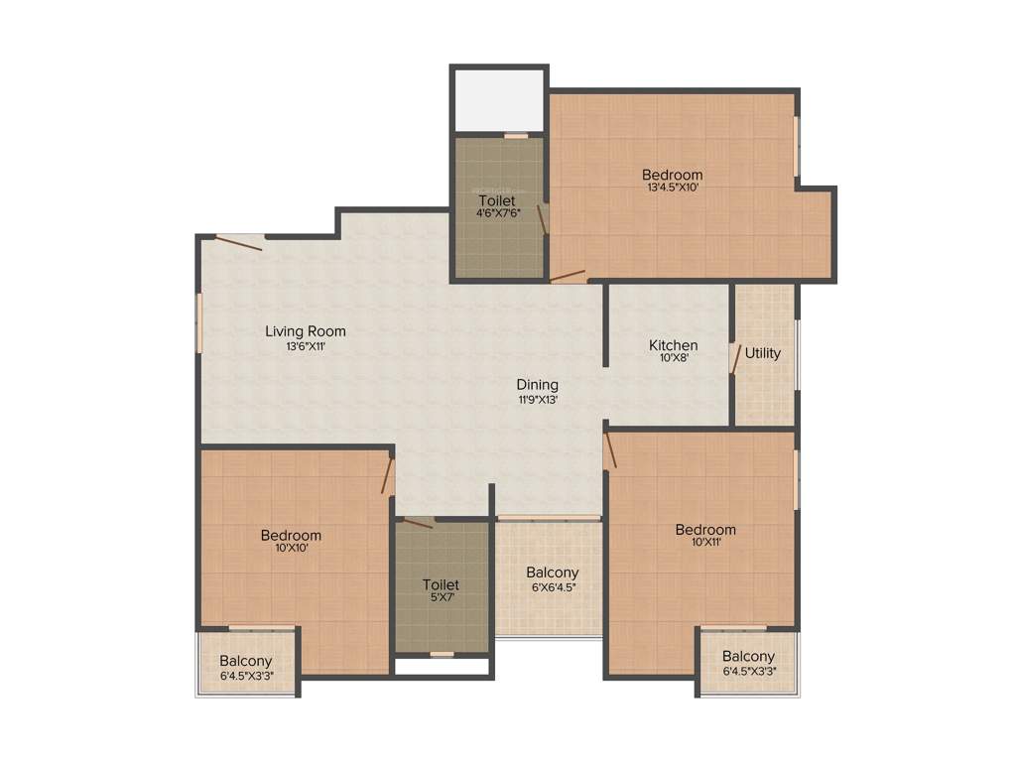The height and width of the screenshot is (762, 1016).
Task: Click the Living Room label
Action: coord(306,331)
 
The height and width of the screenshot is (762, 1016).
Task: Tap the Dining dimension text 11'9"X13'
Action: coord(537,400)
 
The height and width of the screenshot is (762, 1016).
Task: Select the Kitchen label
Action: coord(674,345)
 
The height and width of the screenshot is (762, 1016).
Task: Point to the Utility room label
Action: coord(763,353)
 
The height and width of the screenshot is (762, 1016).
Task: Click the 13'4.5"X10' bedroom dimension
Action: coord(672,188)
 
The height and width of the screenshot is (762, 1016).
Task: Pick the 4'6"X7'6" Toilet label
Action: coord(496,200)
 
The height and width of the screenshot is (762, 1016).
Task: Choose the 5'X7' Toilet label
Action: coord(441,585)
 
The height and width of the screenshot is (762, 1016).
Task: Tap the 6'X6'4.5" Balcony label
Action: coord(553,573)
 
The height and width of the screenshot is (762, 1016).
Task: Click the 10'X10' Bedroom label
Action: coord(291,536)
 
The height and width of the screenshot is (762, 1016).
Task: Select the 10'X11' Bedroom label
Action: coord(705,530)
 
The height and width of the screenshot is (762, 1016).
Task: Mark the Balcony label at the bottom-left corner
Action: coord(246,662)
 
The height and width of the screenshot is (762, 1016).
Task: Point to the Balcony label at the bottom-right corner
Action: coord(748,657)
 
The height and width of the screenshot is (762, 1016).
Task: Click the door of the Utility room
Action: coord(735,358)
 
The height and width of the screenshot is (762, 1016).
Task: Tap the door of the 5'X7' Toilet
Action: coord(417,523)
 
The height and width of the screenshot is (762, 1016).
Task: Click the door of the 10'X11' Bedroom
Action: coord(610,448)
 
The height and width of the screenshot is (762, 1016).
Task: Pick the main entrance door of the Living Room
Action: coord(239,241)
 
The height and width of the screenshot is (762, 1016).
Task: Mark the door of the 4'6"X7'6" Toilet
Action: coord(543,219)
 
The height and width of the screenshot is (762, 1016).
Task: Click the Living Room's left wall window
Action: coord(199,322)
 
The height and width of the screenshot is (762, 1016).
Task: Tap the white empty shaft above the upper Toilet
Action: coord(499,99)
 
